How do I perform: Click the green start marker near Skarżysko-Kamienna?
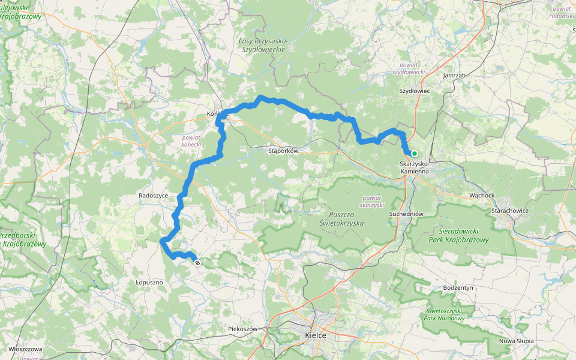coord(414,154)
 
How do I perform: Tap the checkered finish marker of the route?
coord(197,262)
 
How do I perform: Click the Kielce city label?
coord(316,335)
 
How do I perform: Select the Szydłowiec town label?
coord(415,91)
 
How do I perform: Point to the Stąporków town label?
coord(283,151)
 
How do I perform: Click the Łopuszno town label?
coord(149,281)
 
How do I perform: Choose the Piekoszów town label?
coord(242,329)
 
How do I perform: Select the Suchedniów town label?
coord(407,214)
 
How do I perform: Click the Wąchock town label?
coord(482,196)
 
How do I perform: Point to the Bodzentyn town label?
coord(459,288)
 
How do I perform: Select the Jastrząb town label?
coord(454,76)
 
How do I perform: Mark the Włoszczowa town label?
coord(25,349)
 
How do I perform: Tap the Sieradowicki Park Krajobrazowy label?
coord(459,235)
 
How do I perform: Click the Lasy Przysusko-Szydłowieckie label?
coord(262,44)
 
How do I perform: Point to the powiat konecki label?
coord(191,140)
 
